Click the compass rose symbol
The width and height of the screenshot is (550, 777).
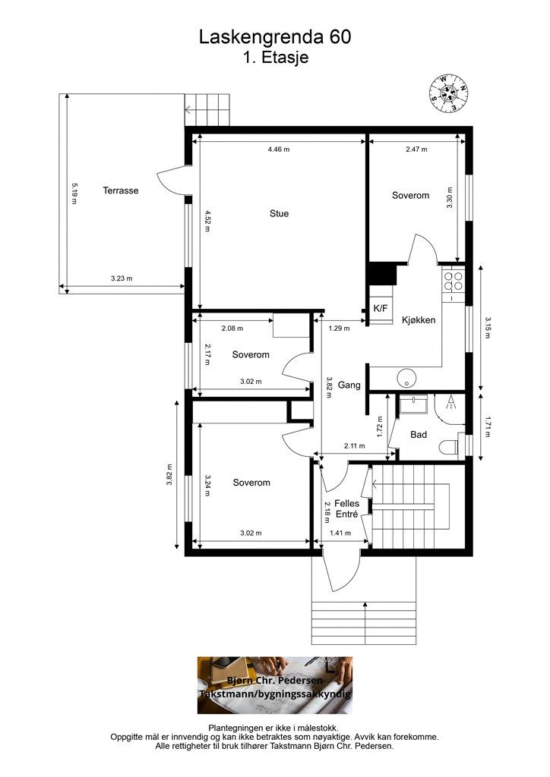tap(449, 93)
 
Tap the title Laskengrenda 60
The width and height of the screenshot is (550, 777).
tap(275, 37)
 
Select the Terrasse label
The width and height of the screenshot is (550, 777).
tap(121, 190)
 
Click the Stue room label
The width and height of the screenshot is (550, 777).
tap(279, 213)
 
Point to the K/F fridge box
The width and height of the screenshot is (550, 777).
tap(381, 308)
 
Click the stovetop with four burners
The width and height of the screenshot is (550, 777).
tap(454, 281)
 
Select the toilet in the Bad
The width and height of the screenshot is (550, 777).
tap(450, 446)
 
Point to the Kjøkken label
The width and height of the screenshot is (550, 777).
tap(419, 320)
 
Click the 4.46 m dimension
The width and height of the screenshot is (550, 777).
tap(278, 149)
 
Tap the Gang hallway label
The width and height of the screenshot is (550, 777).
tap(349, 385)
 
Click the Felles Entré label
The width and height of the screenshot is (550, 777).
tap(346, 509)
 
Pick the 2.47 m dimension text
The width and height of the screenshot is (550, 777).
tap(416, 149)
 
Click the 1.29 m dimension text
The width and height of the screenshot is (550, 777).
tap(339, 328)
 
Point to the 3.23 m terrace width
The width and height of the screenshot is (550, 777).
tap(122, 278)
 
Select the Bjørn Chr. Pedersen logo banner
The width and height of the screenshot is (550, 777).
tap(275, 685)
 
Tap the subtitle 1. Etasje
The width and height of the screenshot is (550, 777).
tap(276, 58)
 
